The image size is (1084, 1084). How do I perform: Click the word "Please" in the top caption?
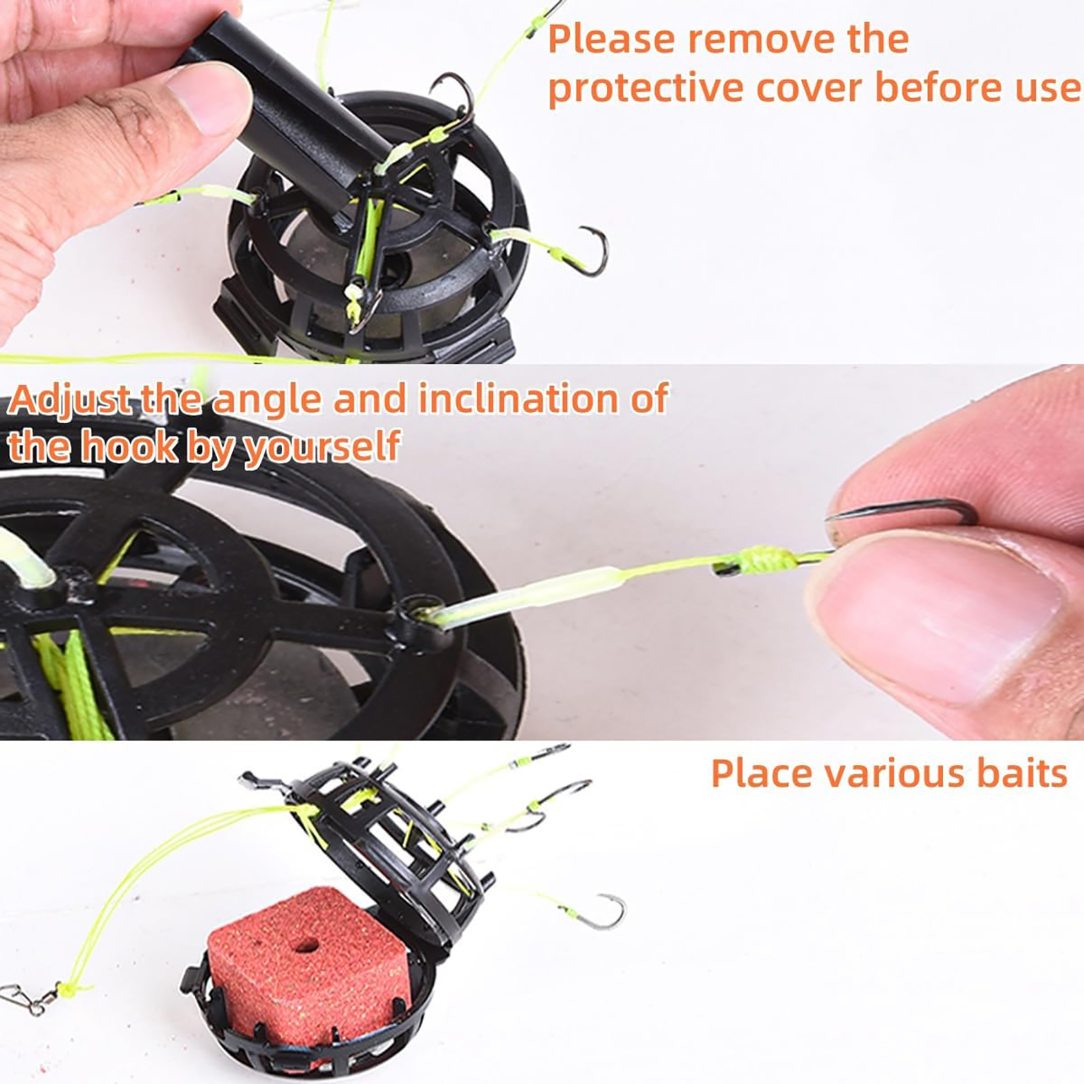click(612, 39)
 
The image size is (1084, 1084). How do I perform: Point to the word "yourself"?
click(322, 447)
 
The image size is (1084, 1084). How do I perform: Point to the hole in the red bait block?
click(308, 944)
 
